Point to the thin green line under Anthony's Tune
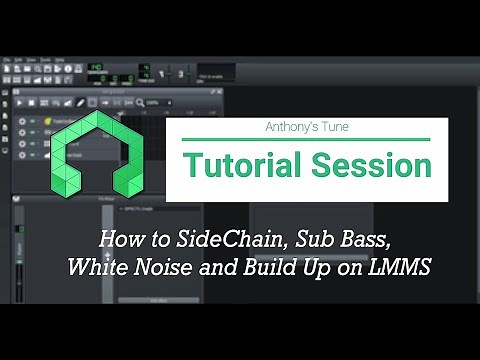tap(306, 140)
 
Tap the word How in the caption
tap(117, 241)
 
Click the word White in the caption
tap(95, 268)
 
